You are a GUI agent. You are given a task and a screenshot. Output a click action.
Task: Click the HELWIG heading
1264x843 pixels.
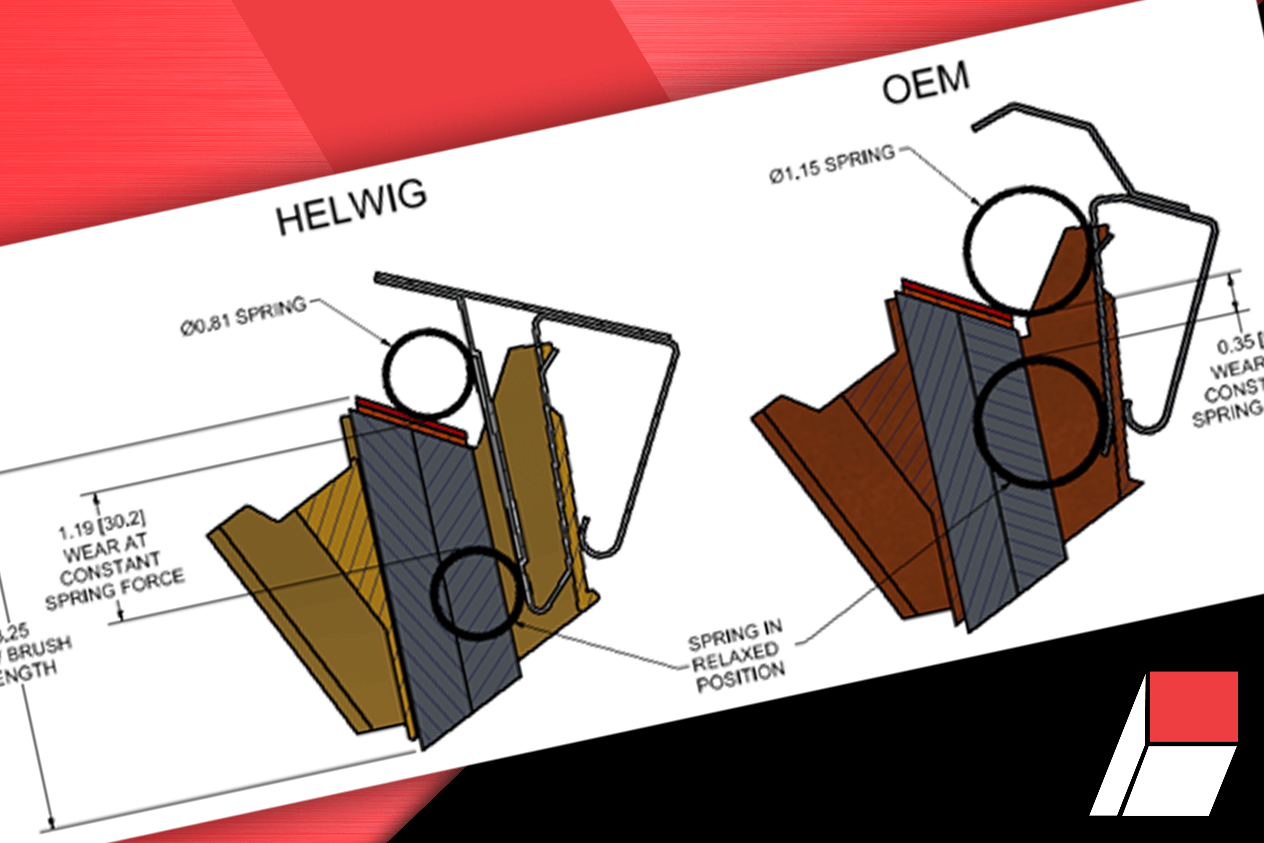point(352,207)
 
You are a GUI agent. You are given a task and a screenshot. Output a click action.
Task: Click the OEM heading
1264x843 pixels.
point(925,82)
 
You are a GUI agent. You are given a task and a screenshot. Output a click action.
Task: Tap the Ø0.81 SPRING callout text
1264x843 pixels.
point(244,316)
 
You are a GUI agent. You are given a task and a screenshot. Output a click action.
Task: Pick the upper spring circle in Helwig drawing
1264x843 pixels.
point(428,373)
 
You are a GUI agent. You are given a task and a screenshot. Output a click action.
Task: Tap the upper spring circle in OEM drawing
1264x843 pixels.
point(1026,250)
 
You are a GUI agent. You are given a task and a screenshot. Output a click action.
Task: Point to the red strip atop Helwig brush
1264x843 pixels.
point(411,419)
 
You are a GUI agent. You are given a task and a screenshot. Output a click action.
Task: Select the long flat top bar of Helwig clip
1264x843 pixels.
point(521,305)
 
